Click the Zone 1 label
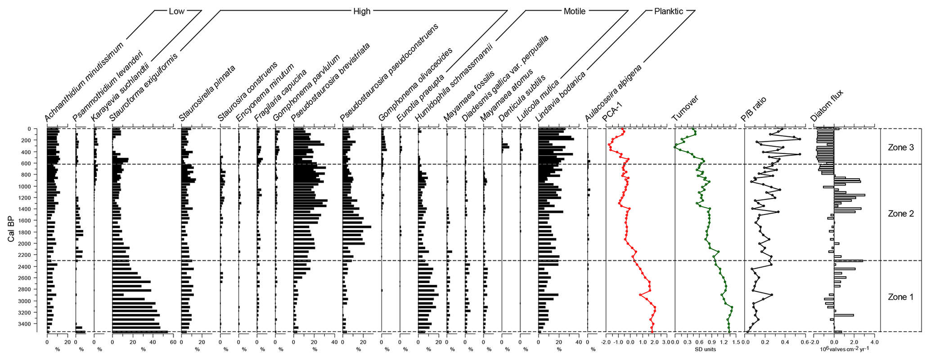click(900, 297)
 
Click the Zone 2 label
click(900, 214)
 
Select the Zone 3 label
click(900, 147)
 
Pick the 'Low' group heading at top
click(176, 11)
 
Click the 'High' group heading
click(362, 11)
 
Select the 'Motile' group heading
click(575, 11)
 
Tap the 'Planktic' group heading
click(669, 11)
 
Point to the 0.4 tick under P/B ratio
click(785, 342)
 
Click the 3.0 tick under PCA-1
click(666, 342)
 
